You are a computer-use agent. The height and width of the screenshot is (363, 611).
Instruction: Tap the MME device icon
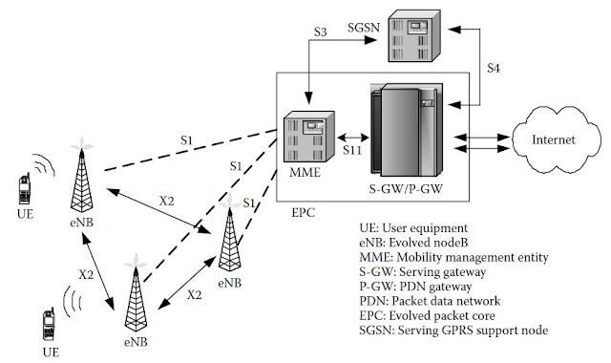[x=306, y=137]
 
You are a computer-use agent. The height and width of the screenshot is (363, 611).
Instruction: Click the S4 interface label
[x=493, y=69]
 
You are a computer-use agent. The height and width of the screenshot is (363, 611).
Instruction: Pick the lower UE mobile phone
[x=50, y=324]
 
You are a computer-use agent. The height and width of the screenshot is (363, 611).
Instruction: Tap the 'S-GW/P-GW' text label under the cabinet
[x=406, y=190]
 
